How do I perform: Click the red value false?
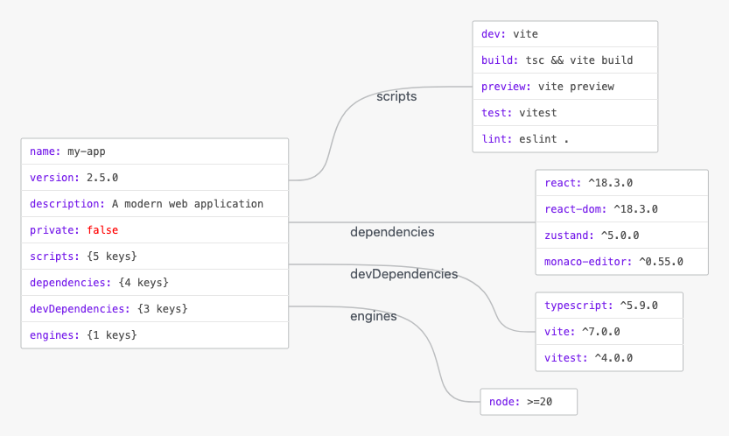[x=102, y=230]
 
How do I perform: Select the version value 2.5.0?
[x=102, y=177]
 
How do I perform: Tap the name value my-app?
[x=87, y=151]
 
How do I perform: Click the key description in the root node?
[x=67, y=204]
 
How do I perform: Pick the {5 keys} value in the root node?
[x=112, y=257]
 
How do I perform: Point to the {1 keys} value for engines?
[x=112, y=335]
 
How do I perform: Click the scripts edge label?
[x=396, y=96]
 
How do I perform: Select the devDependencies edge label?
[x=404, y=274]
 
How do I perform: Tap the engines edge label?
[x=374, y=316]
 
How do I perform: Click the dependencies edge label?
[x=392, y=232]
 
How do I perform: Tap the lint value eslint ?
[x=538, y=138]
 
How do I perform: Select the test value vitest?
[x=538, y=113]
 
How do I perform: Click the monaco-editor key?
[x=588, y=262]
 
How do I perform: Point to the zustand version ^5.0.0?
[x=620, y=236]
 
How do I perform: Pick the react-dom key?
[x=576, y=209]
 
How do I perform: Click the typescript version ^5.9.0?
[x=639, y=306]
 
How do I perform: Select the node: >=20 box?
[x=529, y=402]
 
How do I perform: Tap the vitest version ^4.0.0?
[x=613, y=358]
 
